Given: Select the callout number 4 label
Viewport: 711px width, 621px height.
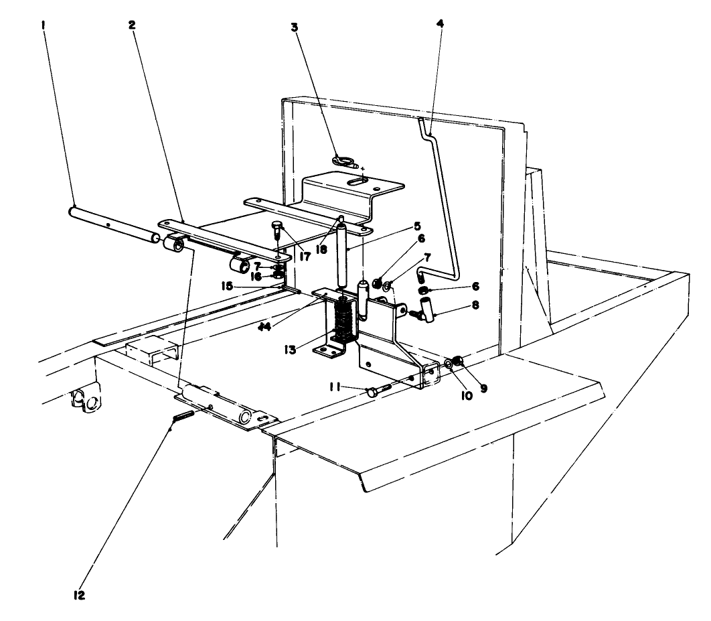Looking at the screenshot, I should pyautogui.click(x=439, y=23).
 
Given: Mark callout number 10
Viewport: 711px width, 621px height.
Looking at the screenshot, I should pyautogui.click(x=467, y=395).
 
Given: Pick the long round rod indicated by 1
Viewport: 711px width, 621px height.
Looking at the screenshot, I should pyautogui.click(x=110, y=220).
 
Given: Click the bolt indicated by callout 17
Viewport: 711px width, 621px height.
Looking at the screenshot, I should pyautogui.click(x=278, y=230).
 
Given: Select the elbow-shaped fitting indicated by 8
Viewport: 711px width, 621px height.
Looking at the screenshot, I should pyautogui.click(x=424, y=309).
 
